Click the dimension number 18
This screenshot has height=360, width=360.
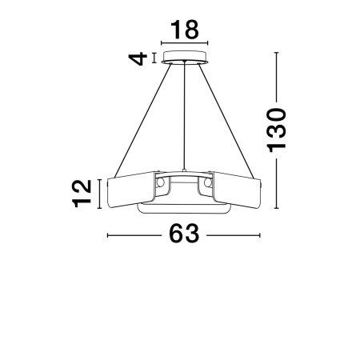tap(185, 30)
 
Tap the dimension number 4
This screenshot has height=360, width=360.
tap(138, 58)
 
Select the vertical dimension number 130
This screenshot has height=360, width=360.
tap(277, 130)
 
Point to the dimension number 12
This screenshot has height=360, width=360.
tap(82, 194)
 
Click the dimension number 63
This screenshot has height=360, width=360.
tap(184, 234)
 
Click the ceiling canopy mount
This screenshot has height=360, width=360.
tap(185, 57)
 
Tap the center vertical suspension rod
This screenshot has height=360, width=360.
tap(184, 116)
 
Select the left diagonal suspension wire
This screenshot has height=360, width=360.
tap(142, 120)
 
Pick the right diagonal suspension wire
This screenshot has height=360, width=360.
tap(226, 121)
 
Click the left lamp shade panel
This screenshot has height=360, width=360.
tap(130, 190)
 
